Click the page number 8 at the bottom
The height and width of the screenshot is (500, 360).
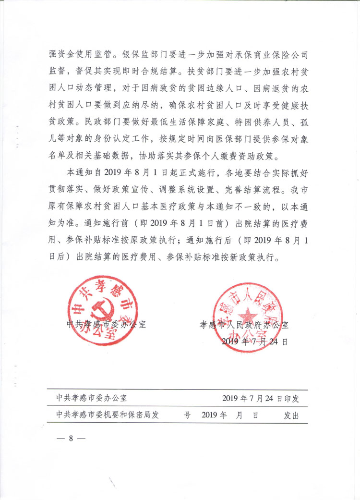click(x=70, y=438)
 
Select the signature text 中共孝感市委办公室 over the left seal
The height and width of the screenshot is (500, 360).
click(x=106, y=324)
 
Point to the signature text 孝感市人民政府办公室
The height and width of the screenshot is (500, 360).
click(x=244, y=325)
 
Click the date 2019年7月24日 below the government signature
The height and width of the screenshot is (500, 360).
click(x=255, y=342)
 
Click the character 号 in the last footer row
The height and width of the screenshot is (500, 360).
click(x=187, y=415)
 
